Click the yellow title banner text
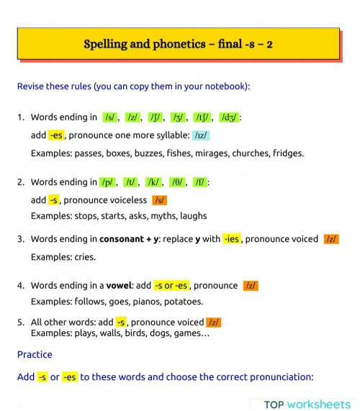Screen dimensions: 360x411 tap(178, 44)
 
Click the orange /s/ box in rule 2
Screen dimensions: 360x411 tap(160, 200)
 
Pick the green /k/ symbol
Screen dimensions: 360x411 tap(153, 183)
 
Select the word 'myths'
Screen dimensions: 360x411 tap(153, 216)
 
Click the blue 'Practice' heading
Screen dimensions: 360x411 tap(35, 354)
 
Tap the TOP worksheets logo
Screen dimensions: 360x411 tap(307, 405)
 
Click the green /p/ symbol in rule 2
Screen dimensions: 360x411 tap(108, 183)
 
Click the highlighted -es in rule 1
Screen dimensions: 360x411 tap(57, 135)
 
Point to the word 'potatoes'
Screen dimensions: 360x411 tap(184, 302)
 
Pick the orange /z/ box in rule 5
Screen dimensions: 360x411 tap(214, 322)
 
